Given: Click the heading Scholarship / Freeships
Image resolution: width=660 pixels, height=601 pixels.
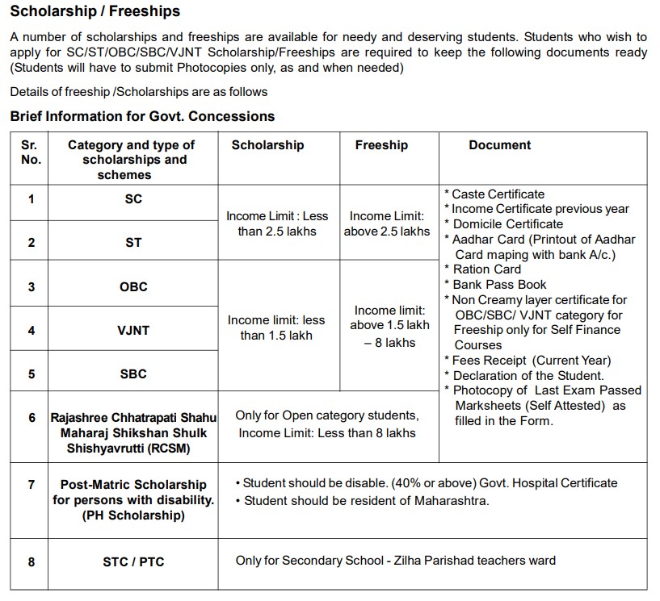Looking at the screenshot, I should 95,11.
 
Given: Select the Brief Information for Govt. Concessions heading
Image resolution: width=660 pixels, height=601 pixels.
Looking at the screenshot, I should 142,116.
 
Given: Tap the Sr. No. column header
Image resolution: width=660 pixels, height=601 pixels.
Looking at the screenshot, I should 31,152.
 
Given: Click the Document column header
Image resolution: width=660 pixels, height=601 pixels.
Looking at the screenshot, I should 499,145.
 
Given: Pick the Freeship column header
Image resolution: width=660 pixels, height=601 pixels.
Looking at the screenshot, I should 381,145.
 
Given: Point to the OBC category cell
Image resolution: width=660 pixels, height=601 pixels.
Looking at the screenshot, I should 133,287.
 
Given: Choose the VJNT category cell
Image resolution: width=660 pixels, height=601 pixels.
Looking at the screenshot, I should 133,331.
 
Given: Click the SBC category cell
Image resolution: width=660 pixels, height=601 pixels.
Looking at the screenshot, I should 133,374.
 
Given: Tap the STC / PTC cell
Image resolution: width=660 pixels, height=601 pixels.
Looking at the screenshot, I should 133,561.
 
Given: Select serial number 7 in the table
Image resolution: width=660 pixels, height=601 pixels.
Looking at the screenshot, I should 31,485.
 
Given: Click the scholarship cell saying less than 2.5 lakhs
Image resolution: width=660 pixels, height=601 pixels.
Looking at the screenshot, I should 277,223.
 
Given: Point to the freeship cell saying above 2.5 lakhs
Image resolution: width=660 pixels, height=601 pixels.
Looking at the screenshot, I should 387,223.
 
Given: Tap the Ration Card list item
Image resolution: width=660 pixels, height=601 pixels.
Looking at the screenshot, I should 486,269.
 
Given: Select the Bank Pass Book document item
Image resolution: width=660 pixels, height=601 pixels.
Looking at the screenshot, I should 499,285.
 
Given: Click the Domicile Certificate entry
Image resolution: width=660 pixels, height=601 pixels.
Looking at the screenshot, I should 507,224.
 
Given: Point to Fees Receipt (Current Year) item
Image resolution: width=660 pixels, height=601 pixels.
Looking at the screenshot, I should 531,361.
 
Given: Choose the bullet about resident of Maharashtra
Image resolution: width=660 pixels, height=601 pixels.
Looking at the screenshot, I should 366,501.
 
